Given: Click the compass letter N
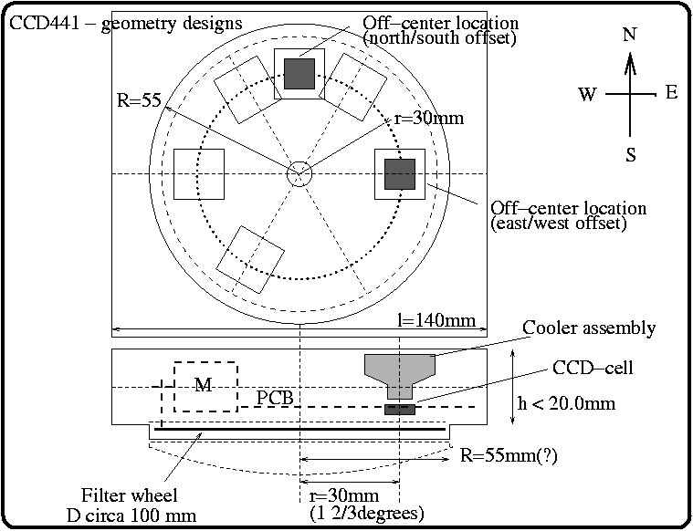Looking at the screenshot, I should pyautogui.click(x=629, y=35).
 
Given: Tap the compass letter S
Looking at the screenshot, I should pyautogui.click(x=630, y=154).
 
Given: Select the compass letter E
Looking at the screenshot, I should pyautogui.click(x=671, y=92).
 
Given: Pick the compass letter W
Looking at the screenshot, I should pyautogui.click(x=587, y=94).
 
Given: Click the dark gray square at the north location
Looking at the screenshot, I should pyautogui.click(x=299, y=74).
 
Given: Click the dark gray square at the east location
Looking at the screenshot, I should pyautogui.click(x=399, y=173).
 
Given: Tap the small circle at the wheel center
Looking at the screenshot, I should pyautogui.click(x=299, y=173).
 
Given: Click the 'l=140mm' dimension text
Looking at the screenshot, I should pyautogui.click(x=436, y=320).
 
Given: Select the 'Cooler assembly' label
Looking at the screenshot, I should pyautogui.click(x=588, y=328).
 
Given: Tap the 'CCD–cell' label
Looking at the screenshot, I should pyautogui.click(x=593, y=369).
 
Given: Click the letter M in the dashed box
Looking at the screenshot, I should pyautogui.click(x=205, y=385).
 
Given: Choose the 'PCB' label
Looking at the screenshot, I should pyautogui.click(x=275, y=399).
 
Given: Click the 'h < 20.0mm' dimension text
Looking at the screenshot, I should pyautogui.click(x=574, y=403).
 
